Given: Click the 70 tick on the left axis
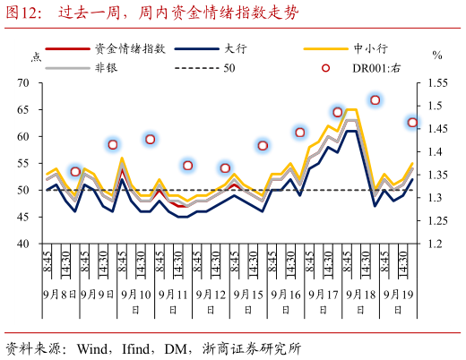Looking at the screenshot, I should click(x=23, y=83).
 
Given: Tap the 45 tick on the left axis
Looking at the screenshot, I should click(x=23, y=218).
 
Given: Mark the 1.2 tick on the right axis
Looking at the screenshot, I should click(x=433, y=244).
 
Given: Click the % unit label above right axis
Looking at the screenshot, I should click(x=437, y=56).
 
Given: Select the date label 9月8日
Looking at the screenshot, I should click(x=60, y=294).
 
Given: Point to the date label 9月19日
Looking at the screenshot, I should click(x=399, y=294).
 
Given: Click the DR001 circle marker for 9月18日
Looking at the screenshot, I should click(x=375, y=100).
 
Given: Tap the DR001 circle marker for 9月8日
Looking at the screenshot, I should click(x=75, y=172).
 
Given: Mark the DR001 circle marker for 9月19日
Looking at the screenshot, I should click(x=413, y=123).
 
